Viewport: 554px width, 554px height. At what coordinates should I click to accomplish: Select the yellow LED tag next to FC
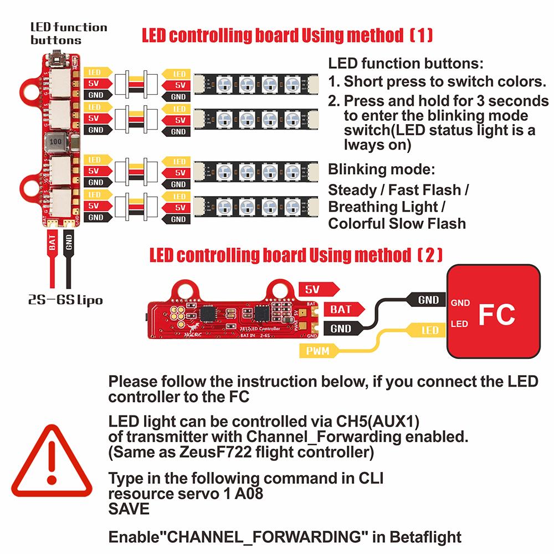point(429,330)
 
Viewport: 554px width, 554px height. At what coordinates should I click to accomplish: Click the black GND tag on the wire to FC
point(428,300)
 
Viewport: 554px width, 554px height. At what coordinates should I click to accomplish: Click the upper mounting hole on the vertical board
point(31,90)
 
